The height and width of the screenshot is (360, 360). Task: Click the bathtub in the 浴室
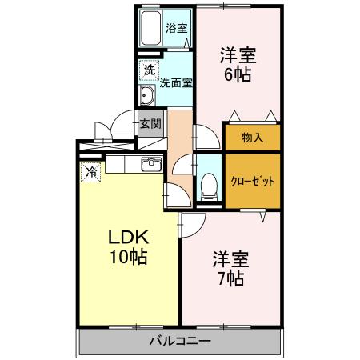pos(151,28)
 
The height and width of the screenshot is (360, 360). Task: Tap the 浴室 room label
pos(176,28)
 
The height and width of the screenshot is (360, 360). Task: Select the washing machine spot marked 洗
pos(150,70)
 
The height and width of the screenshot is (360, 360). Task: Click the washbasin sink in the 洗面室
pos(147,95)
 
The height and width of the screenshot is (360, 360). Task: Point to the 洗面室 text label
pos(176,83)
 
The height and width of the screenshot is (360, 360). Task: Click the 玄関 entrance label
pos(151,124)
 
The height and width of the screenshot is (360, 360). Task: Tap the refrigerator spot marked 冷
pos(91,172)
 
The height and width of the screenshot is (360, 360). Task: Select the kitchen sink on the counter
pos(151,164)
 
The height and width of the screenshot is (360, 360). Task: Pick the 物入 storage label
pos(252,138)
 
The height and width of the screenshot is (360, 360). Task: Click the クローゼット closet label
pos(252,182)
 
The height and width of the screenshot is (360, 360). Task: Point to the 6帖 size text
pos(238,75)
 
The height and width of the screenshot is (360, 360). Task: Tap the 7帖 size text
pos(231,279)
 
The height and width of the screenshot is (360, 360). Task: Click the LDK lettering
pos(128,238)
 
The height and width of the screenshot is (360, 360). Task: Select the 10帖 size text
pos(129,257)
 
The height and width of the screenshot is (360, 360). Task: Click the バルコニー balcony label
pos(180,341)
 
